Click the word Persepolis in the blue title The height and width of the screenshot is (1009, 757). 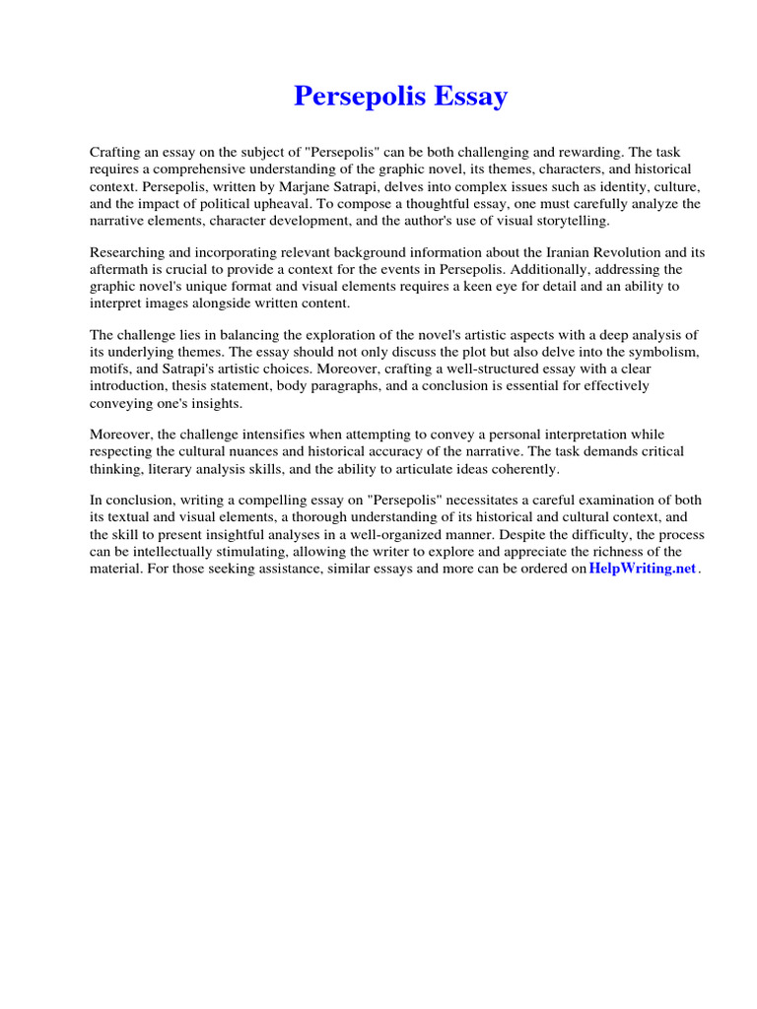point(360,97)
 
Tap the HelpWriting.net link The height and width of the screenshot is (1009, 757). point(642,570)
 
